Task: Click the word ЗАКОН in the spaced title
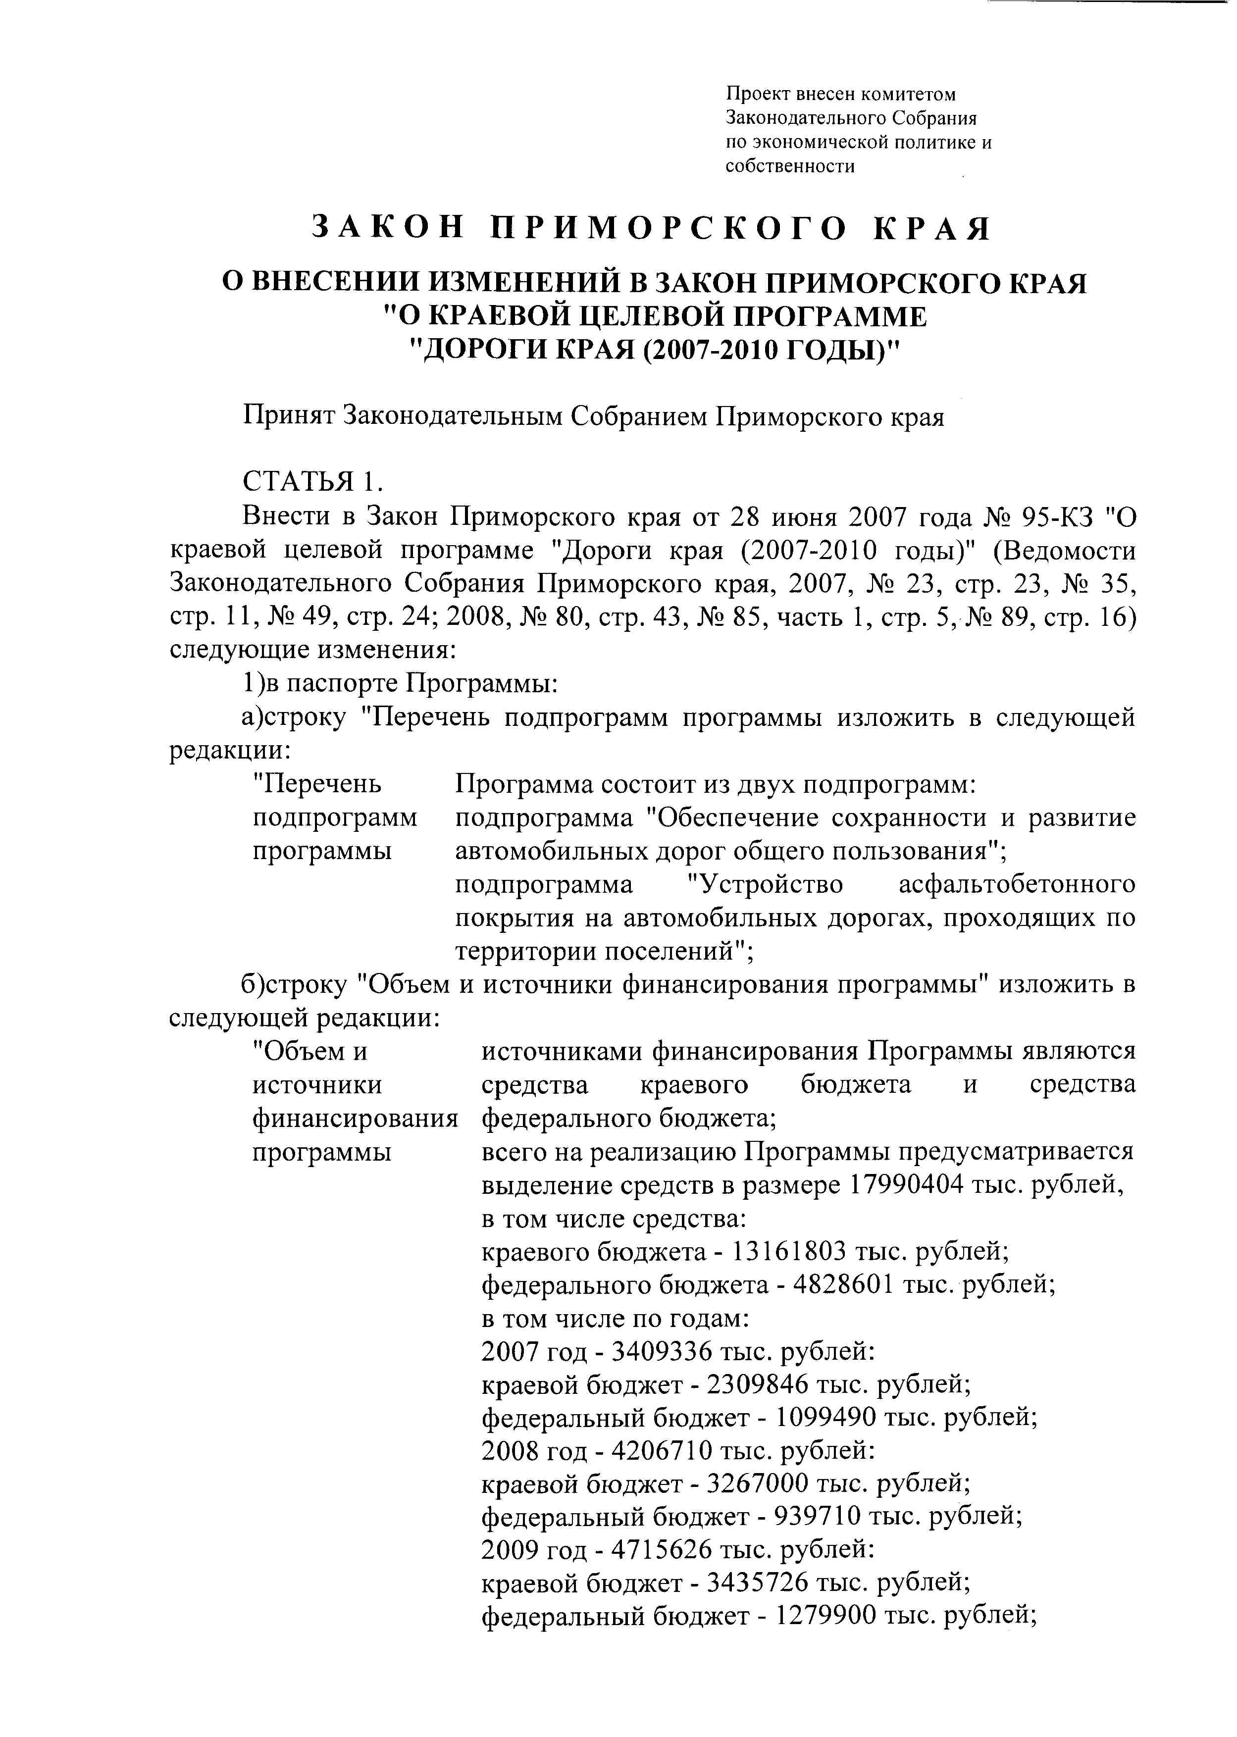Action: pyautogui.click(x=388, y=228)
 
